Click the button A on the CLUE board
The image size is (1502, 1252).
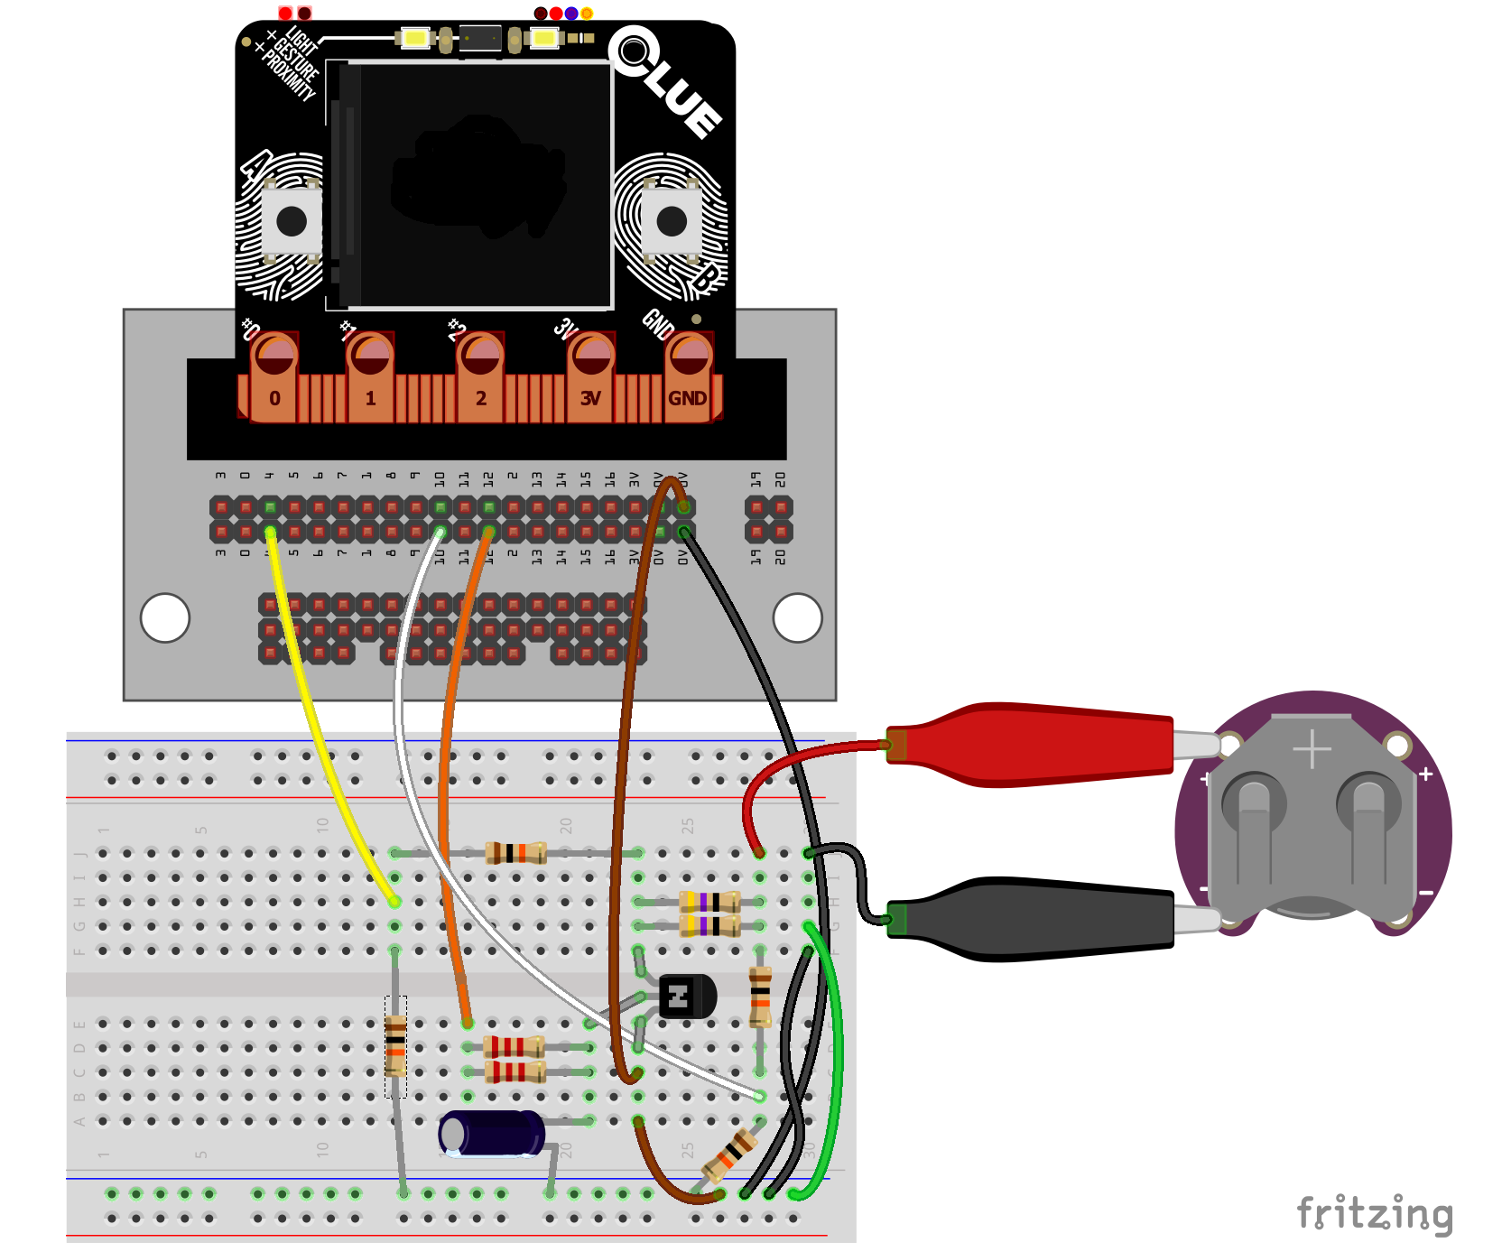click(x=291, y=221)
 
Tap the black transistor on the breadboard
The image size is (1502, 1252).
click(x=686, y=997)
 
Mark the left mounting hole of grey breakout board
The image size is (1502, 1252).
click(x=165, y=617)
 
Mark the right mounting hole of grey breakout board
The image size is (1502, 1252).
click(x=797, y=617)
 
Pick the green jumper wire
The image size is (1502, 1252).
click(x=836, y=1056)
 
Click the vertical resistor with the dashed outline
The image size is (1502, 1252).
click(x=395, y=1046)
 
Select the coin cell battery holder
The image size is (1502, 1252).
click(x=1312, y=821)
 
